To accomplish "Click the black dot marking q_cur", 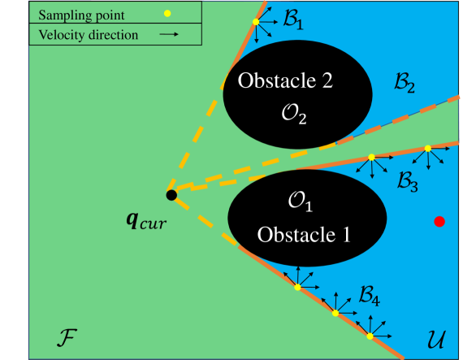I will (171, 195).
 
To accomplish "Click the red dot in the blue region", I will (439, 220).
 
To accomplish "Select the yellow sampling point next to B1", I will (257, 22).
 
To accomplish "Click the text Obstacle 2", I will (285, 81).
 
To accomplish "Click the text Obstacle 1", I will (304, 235).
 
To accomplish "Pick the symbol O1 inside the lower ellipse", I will (301, 200).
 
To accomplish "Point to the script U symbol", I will (438, 336).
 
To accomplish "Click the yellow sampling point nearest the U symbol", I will (370, 336).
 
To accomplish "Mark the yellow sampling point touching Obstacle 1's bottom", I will (297, 287).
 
